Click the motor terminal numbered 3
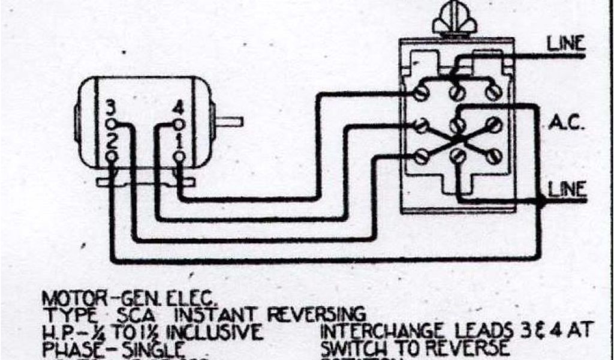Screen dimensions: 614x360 pyautogui.click(x=110, y=124)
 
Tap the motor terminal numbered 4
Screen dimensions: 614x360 pyautogui.click(x=179, y=124)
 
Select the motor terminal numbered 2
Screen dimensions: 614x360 pyautogui.click(x=110, y=156)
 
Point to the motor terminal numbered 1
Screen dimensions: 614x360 pyautogui.click(x=179, y=156)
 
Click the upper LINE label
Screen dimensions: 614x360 pyautogui.click(x=565, y=44)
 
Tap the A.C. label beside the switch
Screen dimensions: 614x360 pyautogui.click(x=564, y=124)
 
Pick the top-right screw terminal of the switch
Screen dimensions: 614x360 pyautogui.click(x=493, y=93)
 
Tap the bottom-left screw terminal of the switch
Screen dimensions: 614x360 pyautogui.click(x=421, y=157)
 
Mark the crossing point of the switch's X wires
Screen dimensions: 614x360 pyautogui.click(x=457, y=141)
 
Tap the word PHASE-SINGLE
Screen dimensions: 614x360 pyautogui.click(x=112, y=348)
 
